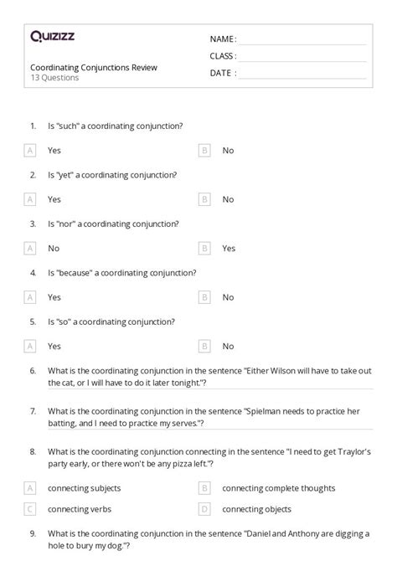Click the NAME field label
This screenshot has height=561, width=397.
click(x=223, y=39)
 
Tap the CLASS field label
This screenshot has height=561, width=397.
click(x=223, y=56)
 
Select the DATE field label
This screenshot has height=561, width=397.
click(x=222, y=73)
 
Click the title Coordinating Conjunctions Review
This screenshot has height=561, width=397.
click(x=93, y=67)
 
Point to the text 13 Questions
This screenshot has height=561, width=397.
click(x=54, y=78)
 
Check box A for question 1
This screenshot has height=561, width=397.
click(x=31, y=151)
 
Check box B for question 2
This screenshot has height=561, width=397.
click(x=204, y=199)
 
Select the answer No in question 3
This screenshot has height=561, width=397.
click(x=54, y=249)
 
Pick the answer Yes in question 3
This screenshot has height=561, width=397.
click(x=229, y=249)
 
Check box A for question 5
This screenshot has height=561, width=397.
click(x=31, y=346)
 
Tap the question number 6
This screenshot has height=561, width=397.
click(x=32, y=371)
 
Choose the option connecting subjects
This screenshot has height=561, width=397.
click(x=84, y=488)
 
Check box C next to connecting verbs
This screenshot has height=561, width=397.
click(x=31, y=509)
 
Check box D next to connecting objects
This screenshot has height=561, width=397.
click(x=204, y=509)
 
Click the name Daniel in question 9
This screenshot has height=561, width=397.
click(x=259, y=533)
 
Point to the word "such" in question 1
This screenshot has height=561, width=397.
click(x=70, y=126)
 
